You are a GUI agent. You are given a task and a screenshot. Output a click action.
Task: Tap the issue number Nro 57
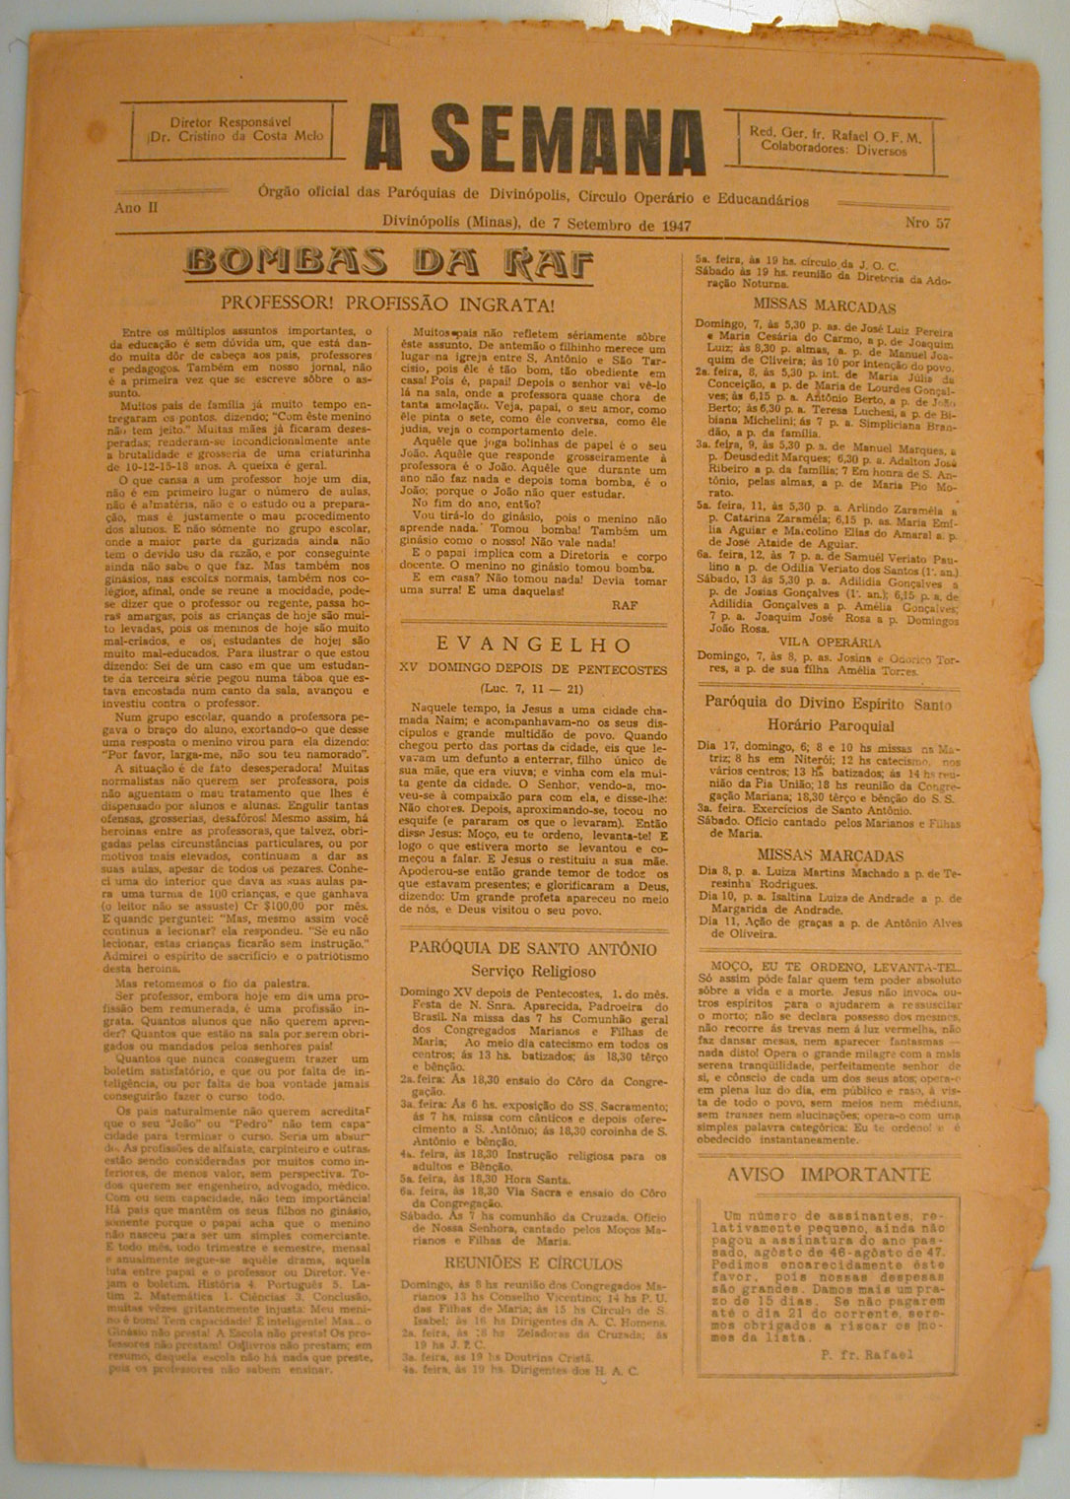pos(927,224)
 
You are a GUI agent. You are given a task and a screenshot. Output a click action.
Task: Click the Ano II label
pos(136,208)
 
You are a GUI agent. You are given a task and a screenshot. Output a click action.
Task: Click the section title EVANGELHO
pos(534,646)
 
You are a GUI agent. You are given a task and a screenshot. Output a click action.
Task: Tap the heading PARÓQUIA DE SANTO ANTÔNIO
pos(533,949)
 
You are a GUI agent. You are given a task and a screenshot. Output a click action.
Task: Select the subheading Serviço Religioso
pos(533,971)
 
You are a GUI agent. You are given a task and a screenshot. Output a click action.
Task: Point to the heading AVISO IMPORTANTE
pos(828,1175)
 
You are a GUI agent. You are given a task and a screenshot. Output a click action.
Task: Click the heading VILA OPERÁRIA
pos(828,641)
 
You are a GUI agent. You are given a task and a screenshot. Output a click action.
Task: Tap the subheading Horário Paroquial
pos(828,725)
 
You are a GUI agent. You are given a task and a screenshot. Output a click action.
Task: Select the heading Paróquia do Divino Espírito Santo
pos(828,704)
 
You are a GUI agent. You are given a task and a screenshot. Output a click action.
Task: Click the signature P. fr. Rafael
pos(866,1353)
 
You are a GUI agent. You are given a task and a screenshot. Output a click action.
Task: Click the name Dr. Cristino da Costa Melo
pos(233,135)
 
